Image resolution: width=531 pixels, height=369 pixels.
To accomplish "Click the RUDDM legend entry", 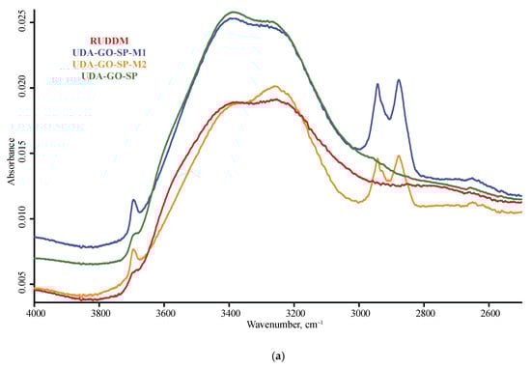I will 109,40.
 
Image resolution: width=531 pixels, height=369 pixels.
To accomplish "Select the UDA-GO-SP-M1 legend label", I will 109,51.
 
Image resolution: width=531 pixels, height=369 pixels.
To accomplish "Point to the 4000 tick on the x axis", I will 35,314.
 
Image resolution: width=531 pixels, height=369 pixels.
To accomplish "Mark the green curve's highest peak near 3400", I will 233,12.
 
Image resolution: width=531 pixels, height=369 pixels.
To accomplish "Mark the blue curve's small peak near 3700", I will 134,200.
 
